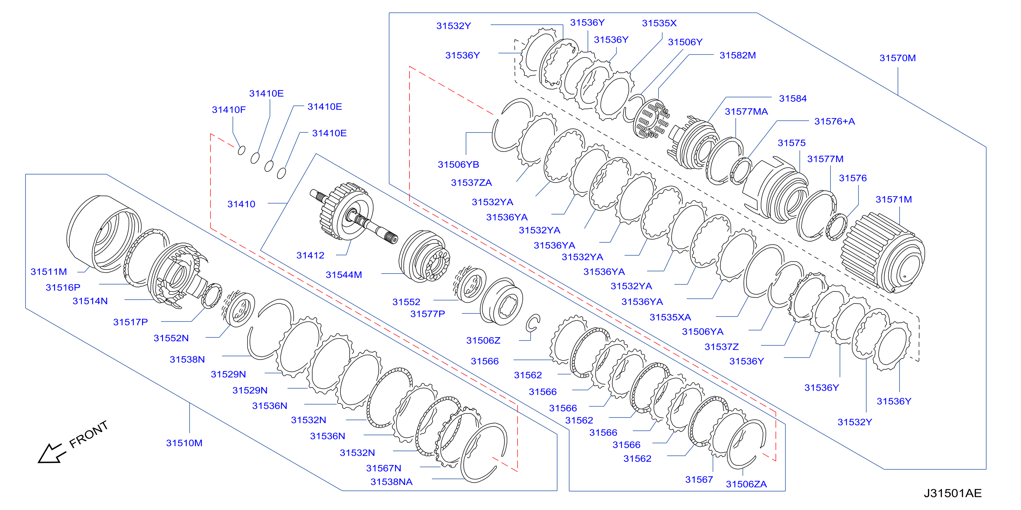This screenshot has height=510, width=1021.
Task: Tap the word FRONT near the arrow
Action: (x=88, y=434)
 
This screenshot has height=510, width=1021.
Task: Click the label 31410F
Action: (x=229, y=110)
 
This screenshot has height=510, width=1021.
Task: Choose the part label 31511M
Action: (x=49, y=271)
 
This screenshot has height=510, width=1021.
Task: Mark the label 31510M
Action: (x=184, y=443)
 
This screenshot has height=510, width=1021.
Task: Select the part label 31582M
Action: (x=738, y=55)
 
